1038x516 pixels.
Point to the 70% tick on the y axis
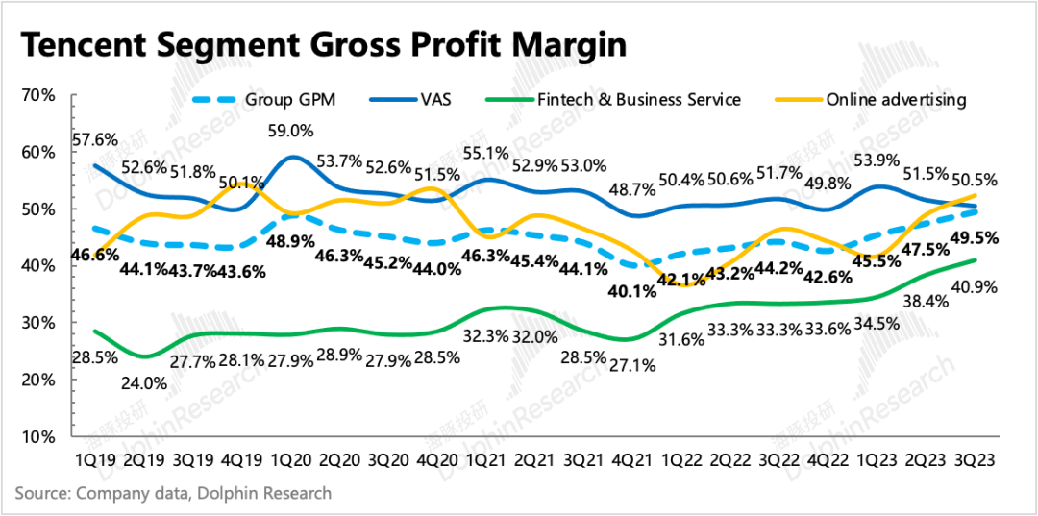tap(37, 96)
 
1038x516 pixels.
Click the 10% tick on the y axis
tap(37, 437)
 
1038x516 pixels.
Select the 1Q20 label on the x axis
tap(293, 461)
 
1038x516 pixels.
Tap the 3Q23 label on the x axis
tap(974, 461)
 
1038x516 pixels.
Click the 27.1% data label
tap(636, 365)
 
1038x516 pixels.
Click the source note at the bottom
tap(173, 494)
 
